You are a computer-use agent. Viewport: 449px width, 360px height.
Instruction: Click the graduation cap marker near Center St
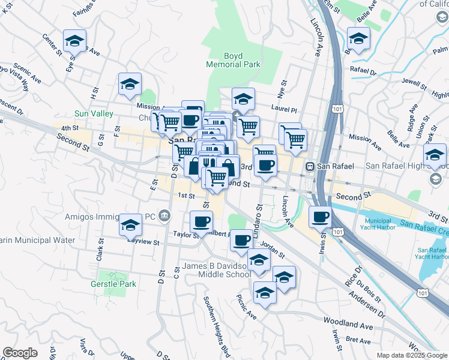tap(74, 41)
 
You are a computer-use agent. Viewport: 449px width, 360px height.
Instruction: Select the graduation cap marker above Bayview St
tap(130, 226)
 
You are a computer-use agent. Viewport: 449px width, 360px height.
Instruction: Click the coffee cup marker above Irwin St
tap(321, 217)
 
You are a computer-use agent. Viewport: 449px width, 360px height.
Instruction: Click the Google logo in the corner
tap(20, 353)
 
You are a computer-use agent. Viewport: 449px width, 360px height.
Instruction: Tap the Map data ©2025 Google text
tap(412, 355)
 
